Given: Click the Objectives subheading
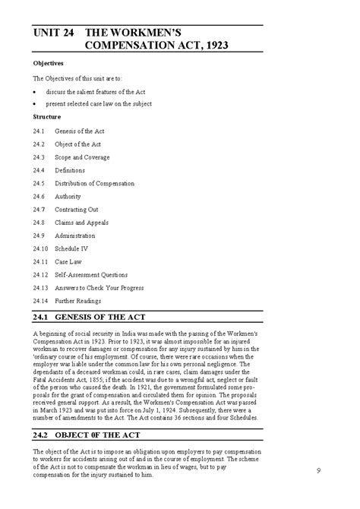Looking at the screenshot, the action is point(48,63).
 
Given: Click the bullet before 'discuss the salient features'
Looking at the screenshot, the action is point(36,90).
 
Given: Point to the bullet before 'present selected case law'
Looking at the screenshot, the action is point(36,104).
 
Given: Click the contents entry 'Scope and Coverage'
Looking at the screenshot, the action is point(82,157).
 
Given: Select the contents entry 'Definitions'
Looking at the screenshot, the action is point(70,170).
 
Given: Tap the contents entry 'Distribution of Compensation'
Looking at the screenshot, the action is point(94,183).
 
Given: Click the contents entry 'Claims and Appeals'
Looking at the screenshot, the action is point(81,222).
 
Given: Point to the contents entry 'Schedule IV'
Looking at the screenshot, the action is point(72,248).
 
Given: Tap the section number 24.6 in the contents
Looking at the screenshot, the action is point(40,196).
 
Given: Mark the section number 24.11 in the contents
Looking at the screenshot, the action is point(42,261).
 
